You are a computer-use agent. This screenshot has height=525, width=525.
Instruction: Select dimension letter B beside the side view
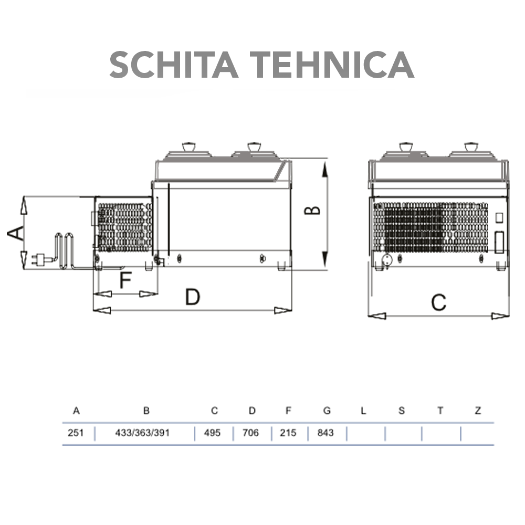tap(313, 210)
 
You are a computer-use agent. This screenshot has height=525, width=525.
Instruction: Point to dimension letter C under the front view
tap(438, 303)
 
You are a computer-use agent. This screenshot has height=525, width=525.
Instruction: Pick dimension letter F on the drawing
tap(124, 281)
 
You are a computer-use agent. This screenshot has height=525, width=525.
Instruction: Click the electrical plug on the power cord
tap(38, 258)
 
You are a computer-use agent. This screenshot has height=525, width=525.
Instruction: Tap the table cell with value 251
tap(76, 434)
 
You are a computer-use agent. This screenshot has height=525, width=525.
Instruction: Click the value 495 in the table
tap(213, 434)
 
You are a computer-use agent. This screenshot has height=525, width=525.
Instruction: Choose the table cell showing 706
tap(251, 434)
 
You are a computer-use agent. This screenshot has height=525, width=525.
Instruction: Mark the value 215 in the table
tap(288, 434)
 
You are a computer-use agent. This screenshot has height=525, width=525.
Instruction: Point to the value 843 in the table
tap(325, 434)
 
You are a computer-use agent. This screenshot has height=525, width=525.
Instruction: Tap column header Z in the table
tap(478, 411)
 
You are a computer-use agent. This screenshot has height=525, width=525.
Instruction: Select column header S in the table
tap(402, 411)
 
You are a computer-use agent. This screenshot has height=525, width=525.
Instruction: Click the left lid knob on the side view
tap(187, 146)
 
